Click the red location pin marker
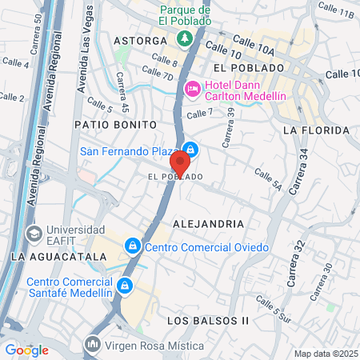[180, 162]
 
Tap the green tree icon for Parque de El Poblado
[185, 38]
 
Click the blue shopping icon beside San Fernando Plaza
[191, 149]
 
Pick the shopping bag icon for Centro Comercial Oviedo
[134, 246]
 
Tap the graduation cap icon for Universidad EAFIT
[34, 234]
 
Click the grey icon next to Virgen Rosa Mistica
[93, 345]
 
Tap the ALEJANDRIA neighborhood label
[209, 224]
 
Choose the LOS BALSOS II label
[209, 320]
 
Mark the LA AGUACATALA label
[58, 256]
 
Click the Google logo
[26, 350]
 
